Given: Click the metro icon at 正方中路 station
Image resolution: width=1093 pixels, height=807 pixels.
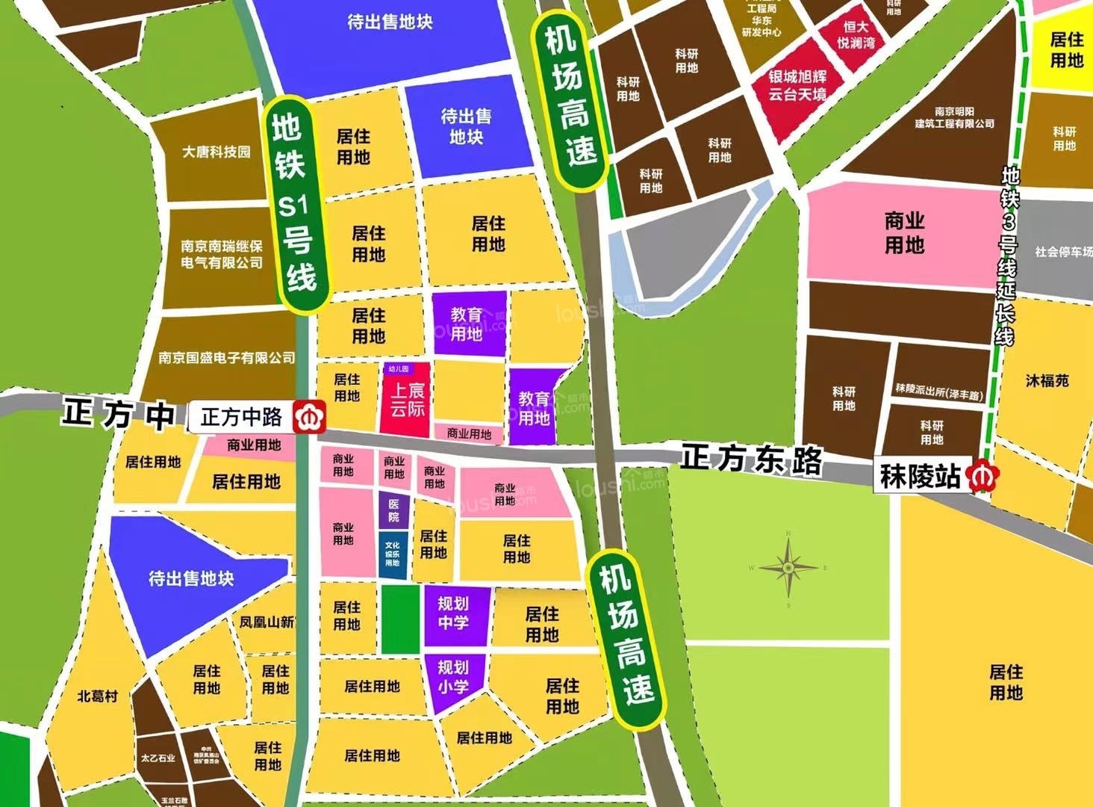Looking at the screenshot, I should [x=309, y=417].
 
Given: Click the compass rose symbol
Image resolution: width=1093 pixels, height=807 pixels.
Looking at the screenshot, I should [x=788, y=569].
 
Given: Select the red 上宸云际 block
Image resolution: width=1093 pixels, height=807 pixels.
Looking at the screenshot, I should [x=407, y=401].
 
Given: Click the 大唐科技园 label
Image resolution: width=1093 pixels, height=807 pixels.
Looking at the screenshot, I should [x=217, y=152].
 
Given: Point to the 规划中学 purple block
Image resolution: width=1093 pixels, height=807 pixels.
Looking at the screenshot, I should [x=453, y=613].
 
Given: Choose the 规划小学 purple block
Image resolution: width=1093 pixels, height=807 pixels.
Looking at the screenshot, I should [x=452, y=677].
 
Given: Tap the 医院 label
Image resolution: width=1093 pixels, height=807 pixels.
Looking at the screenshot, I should [x=393, y=510].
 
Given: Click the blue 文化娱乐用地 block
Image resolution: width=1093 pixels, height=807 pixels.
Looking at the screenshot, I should [x=393, y=554].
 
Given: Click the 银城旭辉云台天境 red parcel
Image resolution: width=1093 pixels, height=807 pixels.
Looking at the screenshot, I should [x=798, y=86].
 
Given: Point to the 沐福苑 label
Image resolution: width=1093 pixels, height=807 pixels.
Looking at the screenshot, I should [x=1047, y=381].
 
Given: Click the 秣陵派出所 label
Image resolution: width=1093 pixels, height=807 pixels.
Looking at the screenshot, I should [x=938, y=390].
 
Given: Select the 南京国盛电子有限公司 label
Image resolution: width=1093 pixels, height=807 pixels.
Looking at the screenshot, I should [x=226, y=358].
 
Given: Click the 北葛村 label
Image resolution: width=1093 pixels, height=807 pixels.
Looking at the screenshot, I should [x=98, y=696].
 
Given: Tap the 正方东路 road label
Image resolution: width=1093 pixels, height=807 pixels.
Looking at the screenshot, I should [x=751, y=459].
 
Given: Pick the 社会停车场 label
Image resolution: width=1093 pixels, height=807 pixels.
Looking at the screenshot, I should [x=1062, y=252].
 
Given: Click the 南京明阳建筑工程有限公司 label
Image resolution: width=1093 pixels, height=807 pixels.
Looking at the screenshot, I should [x=954, y=117].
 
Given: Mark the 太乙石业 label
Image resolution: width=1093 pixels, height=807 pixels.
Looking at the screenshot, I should [x=158, y=758].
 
